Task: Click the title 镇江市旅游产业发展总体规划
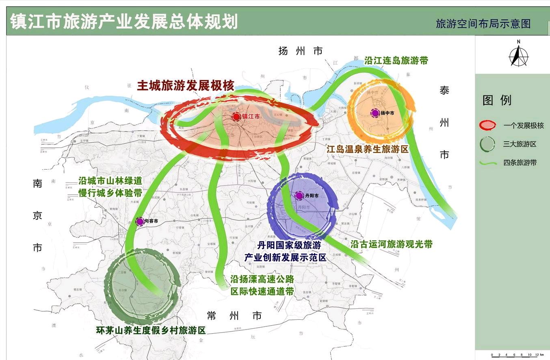124,22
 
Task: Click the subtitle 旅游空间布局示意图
483,24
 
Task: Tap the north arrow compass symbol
519,54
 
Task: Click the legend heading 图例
497,100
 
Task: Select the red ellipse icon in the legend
487,125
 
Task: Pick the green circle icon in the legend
487,144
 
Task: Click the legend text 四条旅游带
520,162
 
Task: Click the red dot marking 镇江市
236,117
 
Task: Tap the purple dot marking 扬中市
375,113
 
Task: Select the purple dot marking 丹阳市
299,196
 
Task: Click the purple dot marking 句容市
140,222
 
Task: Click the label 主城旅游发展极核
186,86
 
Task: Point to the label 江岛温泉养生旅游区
367,149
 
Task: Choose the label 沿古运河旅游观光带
391,244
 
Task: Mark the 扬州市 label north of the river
301,51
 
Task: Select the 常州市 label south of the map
234,315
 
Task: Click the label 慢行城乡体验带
104,193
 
